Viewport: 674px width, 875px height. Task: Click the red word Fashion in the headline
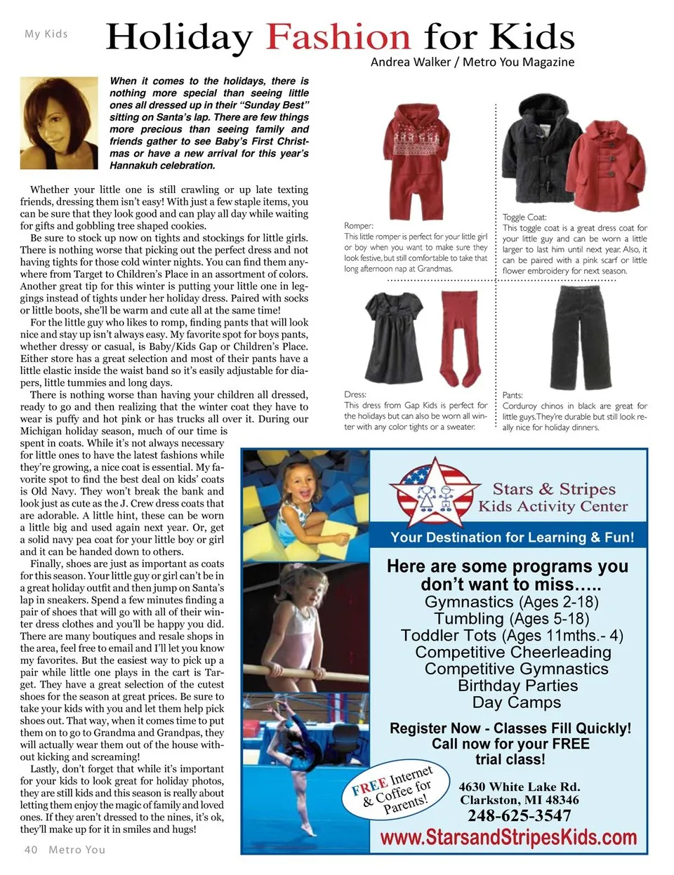coord(338,36)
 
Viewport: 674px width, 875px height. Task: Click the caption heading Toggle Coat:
coord(524,217)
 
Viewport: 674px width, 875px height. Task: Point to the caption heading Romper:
coord(358,225)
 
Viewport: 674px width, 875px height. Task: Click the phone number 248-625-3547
coord(519,815)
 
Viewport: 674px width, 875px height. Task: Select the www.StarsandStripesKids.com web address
coord(508,837)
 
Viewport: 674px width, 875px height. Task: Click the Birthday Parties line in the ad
coord(518,686)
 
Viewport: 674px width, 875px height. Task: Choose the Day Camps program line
coord(518,702)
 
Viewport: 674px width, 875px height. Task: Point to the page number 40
coord(31,849)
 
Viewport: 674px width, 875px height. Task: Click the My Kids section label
coord(46,33)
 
